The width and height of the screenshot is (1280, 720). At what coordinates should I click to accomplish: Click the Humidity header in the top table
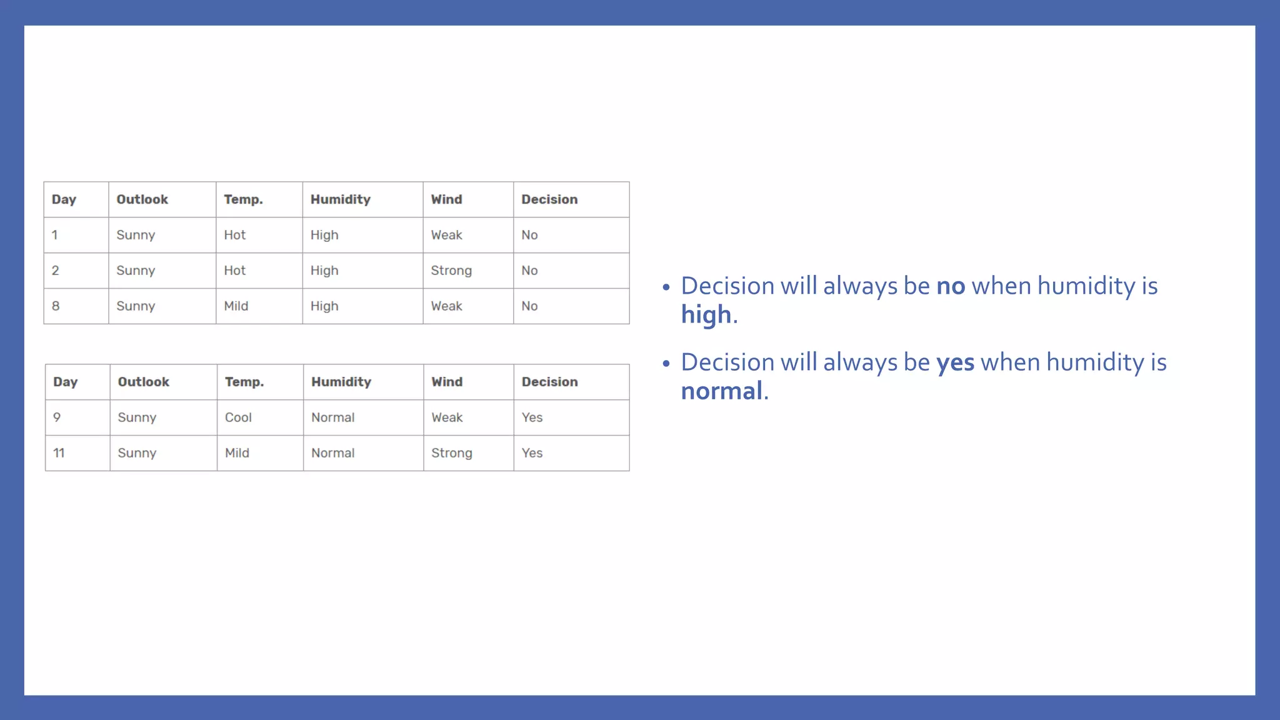[341, 199]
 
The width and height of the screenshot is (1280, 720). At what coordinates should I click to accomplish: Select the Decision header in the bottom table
[549, 382]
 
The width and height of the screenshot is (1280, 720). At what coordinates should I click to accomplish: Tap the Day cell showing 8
[56, 306]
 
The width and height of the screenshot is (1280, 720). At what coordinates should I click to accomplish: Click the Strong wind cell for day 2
[451, 271]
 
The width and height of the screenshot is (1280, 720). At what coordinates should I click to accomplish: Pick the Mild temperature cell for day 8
[236, 306]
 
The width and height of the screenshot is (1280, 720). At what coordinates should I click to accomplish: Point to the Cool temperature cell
[238, 417]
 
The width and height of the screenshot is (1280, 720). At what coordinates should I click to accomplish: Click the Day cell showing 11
[59, 453]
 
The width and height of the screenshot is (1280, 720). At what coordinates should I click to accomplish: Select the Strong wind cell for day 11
[451, 453]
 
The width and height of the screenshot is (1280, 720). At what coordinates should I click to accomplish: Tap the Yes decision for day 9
[532, 417]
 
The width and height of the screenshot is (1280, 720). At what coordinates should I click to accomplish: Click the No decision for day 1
[529, 235]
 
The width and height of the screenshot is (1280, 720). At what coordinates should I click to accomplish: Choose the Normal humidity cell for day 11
[332, 453]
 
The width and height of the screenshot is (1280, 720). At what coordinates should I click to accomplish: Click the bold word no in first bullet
[951, 286]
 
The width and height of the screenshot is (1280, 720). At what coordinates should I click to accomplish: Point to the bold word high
[706, 314]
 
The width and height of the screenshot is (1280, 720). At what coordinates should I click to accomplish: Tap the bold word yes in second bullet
[955, 362]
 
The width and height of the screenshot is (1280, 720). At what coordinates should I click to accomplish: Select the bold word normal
[721, 391]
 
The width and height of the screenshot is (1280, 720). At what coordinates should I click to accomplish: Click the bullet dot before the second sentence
[666, 363]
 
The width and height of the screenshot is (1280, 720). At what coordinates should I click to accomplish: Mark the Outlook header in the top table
[142, 199]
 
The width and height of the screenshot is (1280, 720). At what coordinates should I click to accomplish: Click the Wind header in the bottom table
[447, 382]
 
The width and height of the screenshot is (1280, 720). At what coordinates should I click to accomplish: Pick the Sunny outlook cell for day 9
[137, 417]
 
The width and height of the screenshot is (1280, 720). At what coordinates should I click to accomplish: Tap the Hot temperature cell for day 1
[235, 235]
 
